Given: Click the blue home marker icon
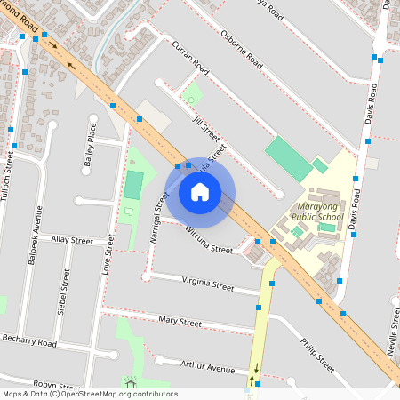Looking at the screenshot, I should pyautogui.click(x=200, y=192).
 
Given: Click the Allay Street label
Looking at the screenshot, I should pyautogui.click(x=72, y=240).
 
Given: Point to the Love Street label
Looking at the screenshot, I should pyautogui.click(x=109, y=254).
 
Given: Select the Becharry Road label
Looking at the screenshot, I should pyautogui.click(x=29, y=342).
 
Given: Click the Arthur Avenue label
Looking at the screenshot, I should pyautogui.click(x=207, y=366).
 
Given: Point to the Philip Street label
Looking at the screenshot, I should pyautogui.click(x=316, y=355).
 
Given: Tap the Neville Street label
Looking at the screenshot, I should pyautogui.click(x=392, y=329).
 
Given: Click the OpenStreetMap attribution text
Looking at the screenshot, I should pyautogui.click(x=89, y=394).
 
